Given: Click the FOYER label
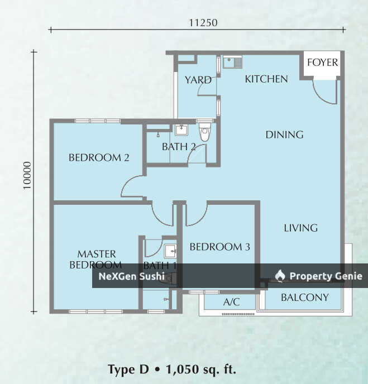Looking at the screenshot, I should [322, 62].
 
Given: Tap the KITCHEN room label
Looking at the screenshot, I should [266, 79].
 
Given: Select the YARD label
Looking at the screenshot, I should [198, 80].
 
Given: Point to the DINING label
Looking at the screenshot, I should [284, 135].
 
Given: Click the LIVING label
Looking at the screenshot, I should [300, 228].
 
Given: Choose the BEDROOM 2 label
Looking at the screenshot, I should [99, 158].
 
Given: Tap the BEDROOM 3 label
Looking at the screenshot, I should [219, 247].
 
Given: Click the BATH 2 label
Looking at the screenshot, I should [179, 147].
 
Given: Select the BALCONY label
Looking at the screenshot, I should [304, 297].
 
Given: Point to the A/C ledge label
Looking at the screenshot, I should [231, 303].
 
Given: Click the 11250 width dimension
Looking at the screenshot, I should [203, 23].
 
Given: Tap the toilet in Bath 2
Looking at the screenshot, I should [204, 133].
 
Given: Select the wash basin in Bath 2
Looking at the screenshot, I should [181, 131].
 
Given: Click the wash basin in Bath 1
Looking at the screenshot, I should [170, 249].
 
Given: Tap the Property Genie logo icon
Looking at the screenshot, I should [280, 276].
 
